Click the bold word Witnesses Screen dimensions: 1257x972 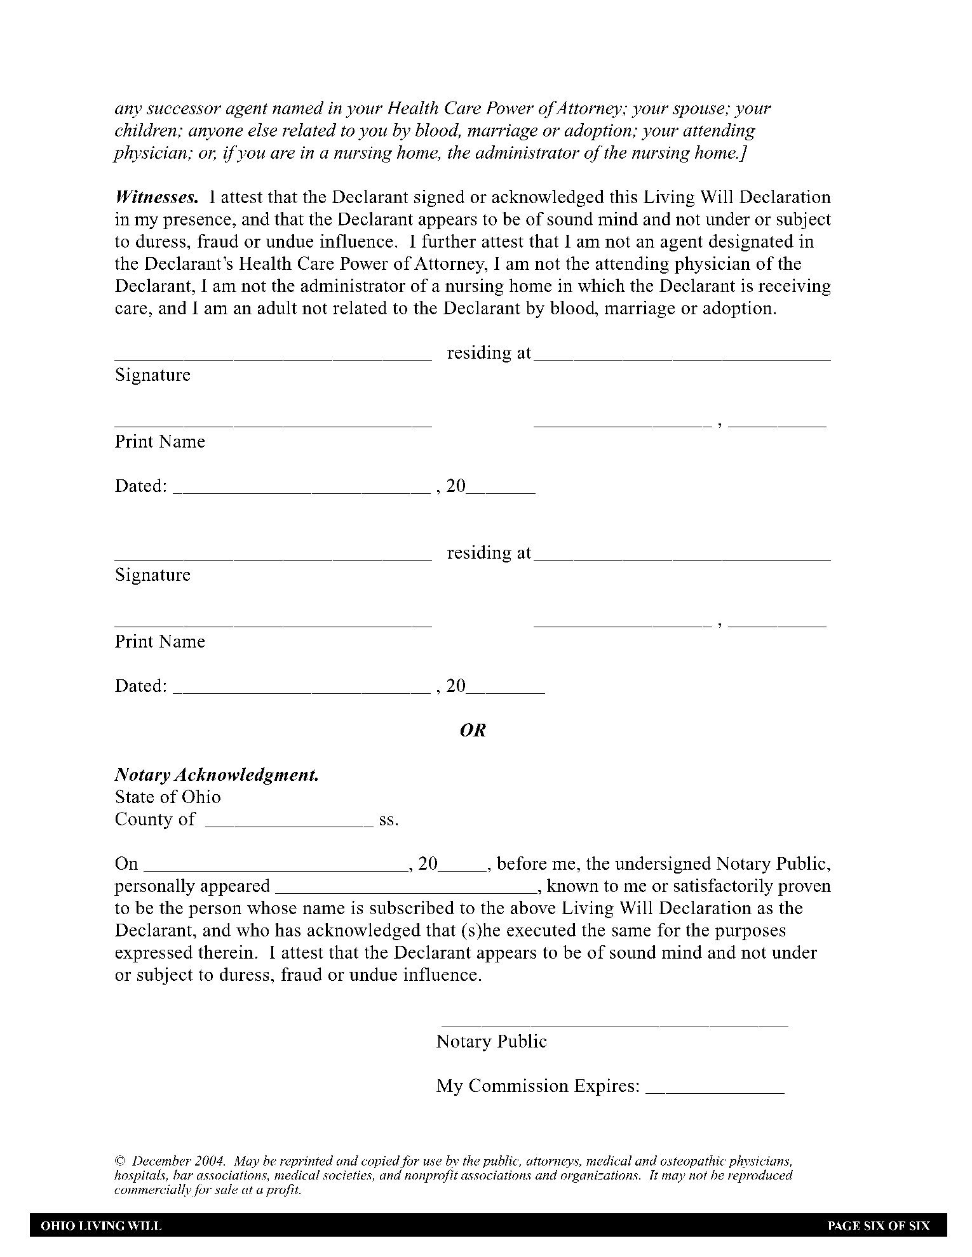click(156, 197)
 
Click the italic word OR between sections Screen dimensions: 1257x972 click(473, 731)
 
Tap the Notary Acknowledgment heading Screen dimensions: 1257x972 click(217, 775)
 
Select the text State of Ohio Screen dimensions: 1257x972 click(168, 797)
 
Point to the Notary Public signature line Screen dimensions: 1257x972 click(614, 1025)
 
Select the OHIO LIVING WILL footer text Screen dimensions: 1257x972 click(101, 1226)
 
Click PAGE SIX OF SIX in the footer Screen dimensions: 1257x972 click(878, 1226)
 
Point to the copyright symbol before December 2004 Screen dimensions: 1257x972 click(119, 1161)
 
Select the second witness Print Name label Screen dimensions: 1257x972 click(160, 642)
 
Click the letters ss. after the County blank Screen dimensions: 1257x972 click(389, 820)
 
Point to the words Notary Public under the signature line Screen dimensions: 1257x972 click(491, 1042)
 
